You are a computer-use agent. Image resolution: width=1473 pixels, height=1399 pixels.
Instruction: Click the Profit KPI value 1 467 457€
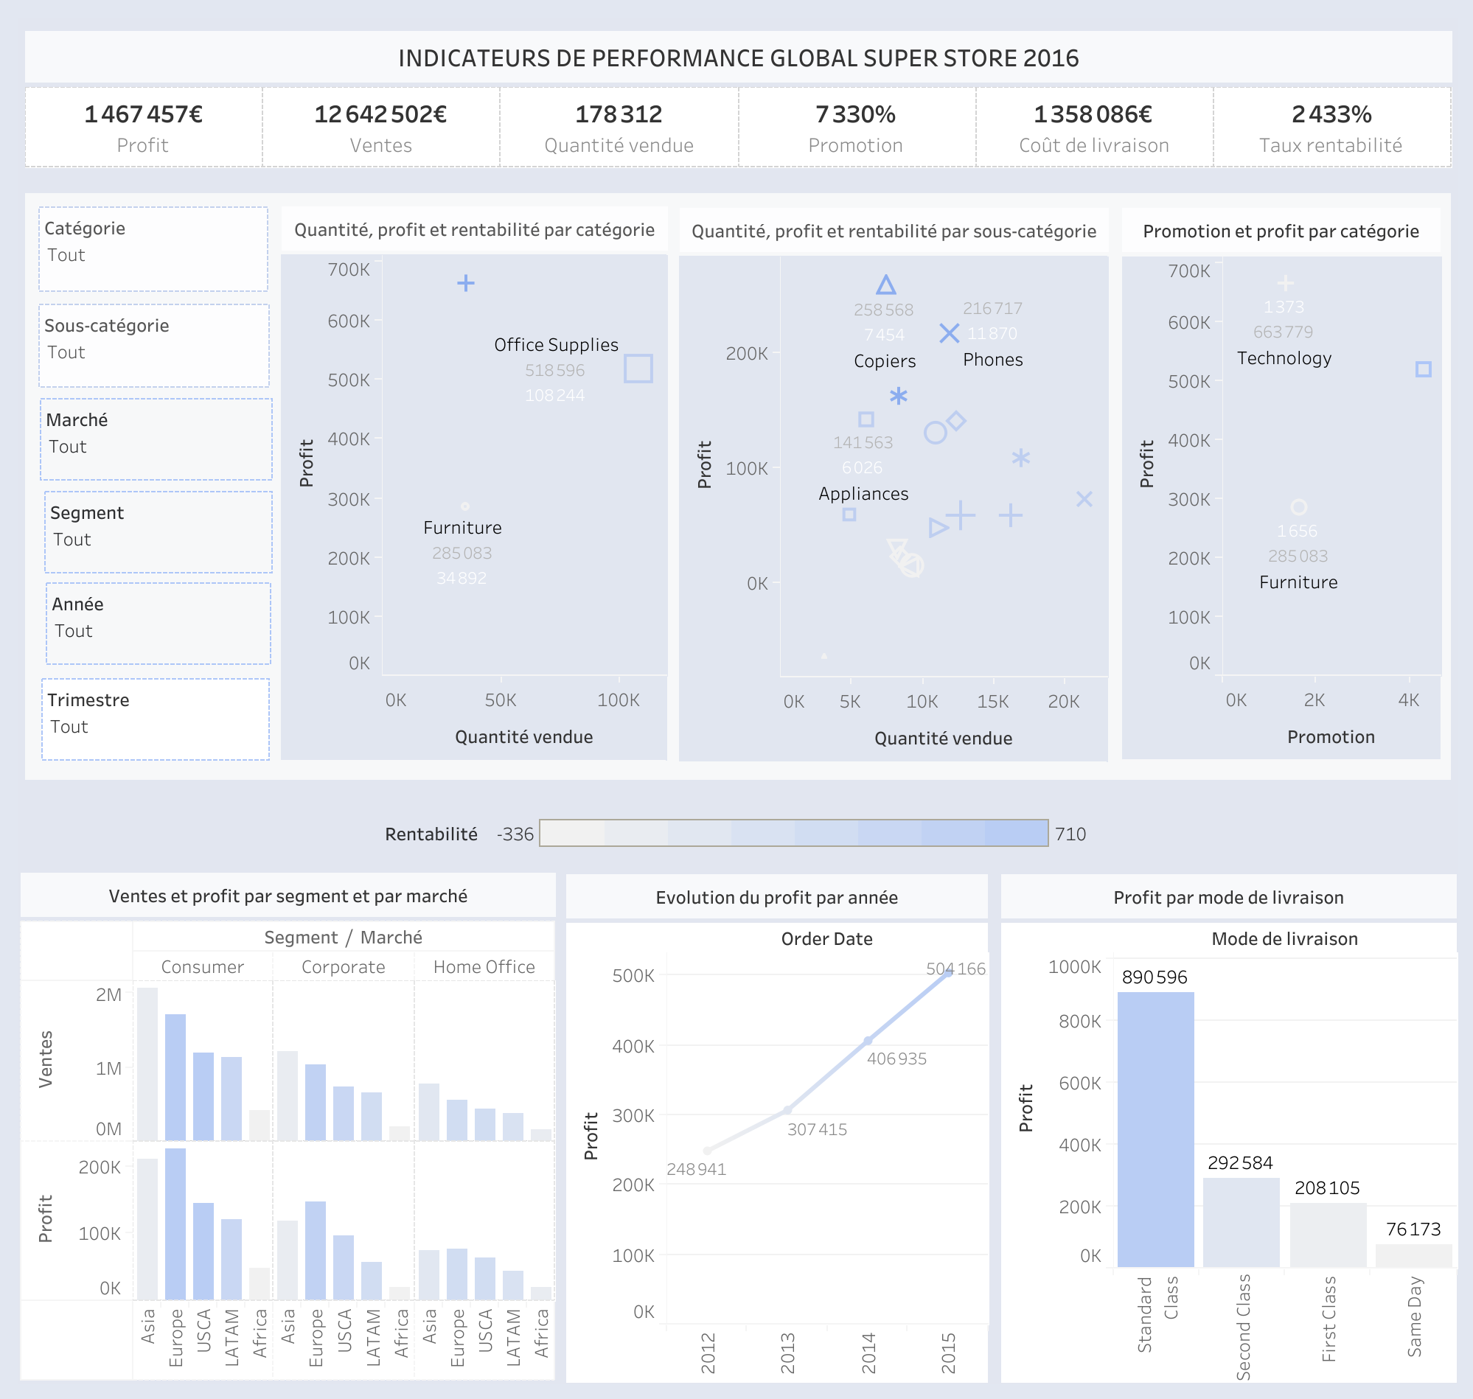click(143, 114)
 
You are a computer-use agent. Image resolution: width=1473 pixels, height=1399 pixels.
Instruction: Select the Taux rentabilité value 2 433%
click(1331, 114)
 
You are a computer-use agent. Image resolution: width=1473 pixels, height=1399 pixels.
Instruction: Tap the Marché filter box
click(155, 439)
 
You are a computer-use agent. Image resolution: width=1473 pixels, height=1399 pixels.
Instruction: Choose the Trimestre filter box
click(155, 719)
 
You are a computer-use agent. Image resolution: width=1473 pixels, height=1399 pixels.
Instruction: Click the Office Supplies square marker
click(638, 369)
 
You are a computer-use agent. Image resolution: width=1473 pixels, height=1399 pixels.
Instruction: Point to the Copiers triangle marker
click(885, 285)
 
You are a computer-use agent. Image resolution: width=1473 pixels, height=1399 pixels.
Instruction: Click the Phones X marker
click(949, 333)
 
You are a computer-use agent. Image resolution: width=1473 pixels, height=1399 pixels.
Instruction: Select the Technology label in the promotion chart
click(1284, 358)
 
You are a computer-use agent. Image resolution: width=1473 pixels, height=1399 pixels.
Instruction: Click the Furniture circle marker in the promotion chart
click(1298, 507)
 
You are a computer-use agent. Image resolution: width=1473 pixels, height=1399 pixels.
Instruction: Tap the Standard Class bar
click(1155, 1130)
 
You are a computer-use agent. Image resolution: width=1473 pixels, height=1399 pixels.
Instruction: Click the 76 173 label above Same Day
click(1413, 1229)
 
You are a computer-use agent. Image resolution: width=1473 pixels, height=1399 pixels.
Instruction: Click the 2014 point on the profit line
click(868, 1040)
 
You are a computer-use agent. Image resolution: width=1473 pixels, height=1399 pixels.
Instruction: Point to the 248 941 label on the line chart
click(696, 1169)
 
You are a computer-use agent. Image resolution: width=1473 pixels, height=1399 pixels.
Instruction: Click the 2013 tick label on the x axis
click(787, 1353)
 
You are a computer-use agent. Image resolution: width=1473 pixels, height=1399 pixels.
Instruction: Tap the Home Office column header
click(484, 967)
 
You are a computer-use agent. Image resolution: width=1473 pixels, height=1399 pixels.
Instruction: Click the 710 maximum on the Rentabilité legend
click(1070, 834)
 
